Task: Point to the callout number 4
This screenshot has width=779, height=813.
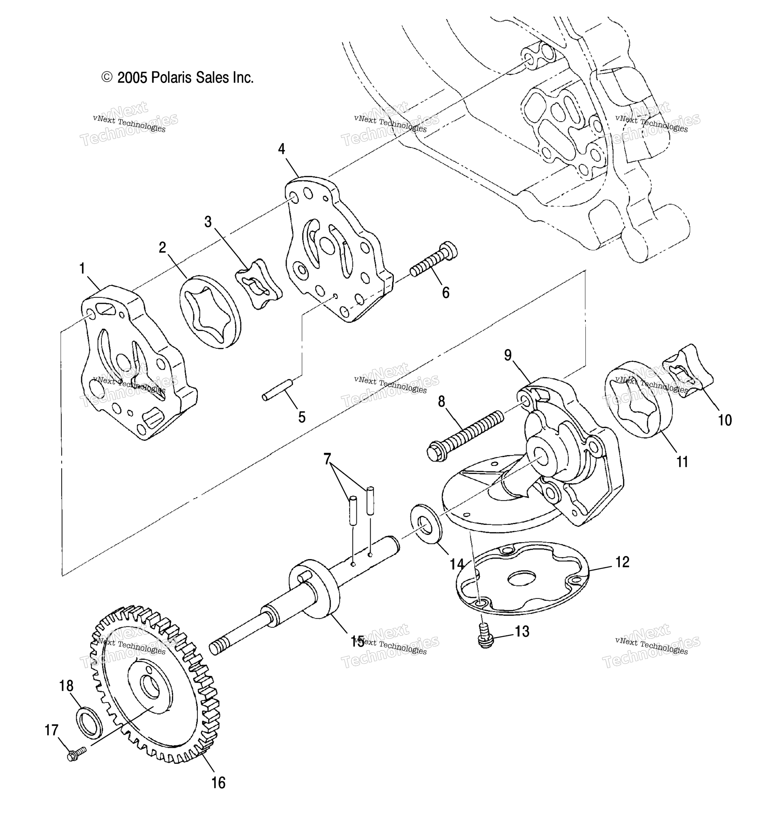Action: pyautogui.click(x=282, y=149)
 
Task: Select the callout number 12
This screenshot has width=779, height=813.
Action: pyautogui.click(x=622, y=562)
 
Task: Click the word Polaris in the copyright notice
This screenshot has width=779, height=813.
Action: pyautogui.click(x=169, y=78)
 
